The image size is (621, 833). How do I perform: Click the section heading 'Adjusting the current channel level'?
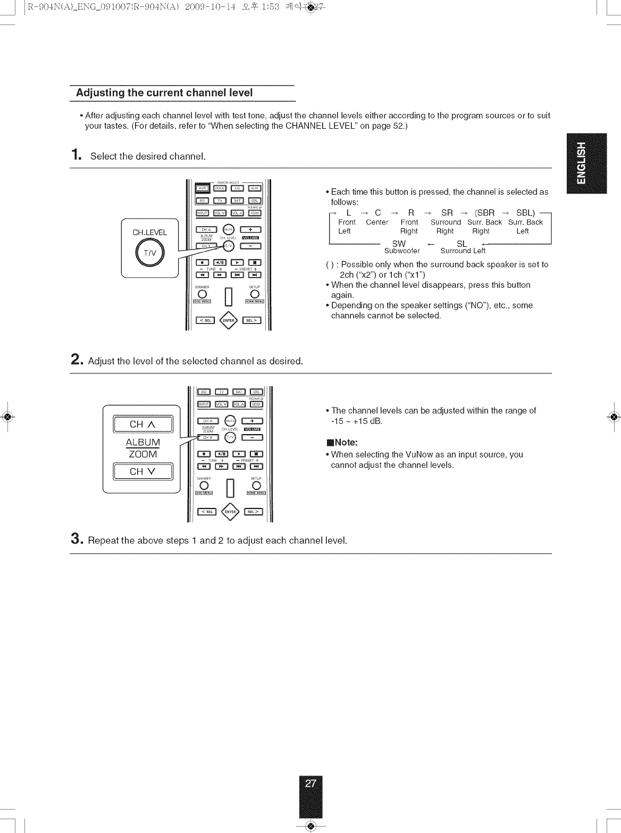164,93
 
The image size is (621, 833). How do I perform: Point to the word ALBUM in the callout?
143,443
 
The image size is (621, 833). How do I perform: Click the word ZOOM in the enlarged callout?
143,454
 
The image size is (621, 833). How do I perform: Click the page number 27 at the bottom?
311,783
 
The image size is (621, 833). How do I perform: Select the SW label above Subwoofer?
399,244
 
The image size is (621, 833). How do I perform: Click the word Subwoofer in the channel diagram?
402,251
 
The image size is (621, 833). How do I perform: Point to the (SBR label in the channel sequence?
484,213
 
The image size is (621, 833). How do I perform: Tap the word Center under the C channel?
377,222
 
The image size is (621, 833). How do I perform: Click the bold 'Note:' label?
346,443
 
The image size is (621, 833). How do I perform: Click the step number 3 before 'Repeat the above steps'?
77,540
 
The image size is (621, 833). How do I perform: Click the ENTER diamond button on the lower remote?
230,512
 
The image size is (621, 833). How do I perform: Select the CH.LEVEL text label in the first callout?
149,232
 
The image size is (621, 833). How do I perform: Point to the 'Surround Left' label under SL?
463,251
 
